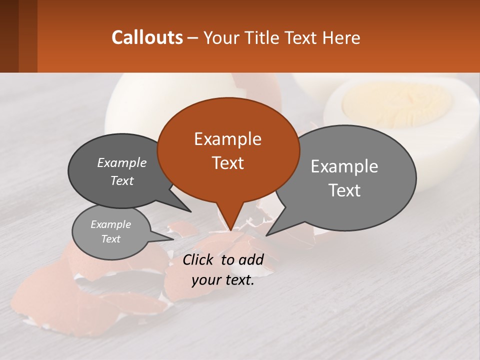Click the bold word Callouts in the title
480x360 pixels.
[x=147, y=37]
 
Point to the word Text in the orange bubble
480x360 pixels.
[x=228, y=163]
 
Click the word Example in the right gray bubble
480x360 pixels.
[x=344, y=166]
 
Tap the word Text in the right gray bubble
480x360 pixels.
[x=344, y=190]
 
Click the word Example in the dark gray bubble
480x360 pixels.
[x=122, y=162]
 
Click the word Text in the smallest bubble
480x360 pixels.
[x=111, y=239]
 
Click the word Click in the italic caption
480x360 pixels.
[x=199, y=259]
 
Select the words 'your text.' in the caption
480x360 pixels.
[x=223, y=280]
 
